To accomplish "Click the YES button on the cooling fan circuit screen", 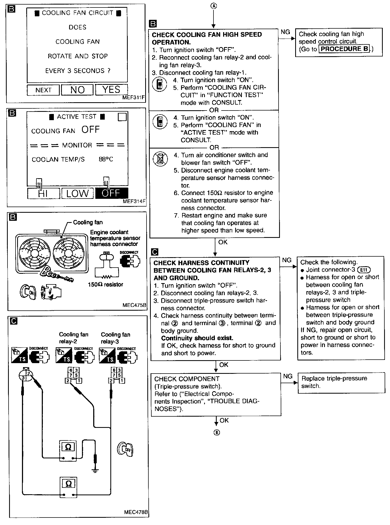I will pyautogui.click(x=111, y=90).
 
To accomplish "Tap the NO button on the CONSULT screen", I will pyautogui.click(x=77, y=90).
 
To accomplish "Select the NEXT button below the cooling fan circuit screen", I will pyautogui.click(x=43, y=90).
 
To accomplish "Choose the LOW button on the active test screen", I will pyautogui.click(x=77, y=193).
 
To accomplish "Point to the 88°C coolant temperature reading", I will pyautogui.click(x=106, y=159).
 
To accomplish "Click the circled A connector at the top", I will pyautogui.click(x=213, y=6).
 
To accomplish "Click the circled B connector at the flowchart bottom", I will pyautogui.click(x=217, y=433).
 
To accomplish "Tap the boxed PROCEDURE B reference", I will pyautogui.click(x=344, y=49).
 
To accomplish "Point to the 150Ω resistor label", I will pyautogui.click(x=106, y=285).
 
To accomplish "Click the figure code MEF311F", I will pyautogui.click(x=133, y=98).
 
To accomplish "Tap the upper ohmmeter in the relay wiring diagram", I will pyautogui.click(x=68, y=451).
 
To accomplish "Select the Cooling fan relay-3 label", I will pyautogui.click(x=115, y=338).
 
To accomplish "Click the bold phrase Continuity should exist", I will pyautogui.click(x=197, y=338).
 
